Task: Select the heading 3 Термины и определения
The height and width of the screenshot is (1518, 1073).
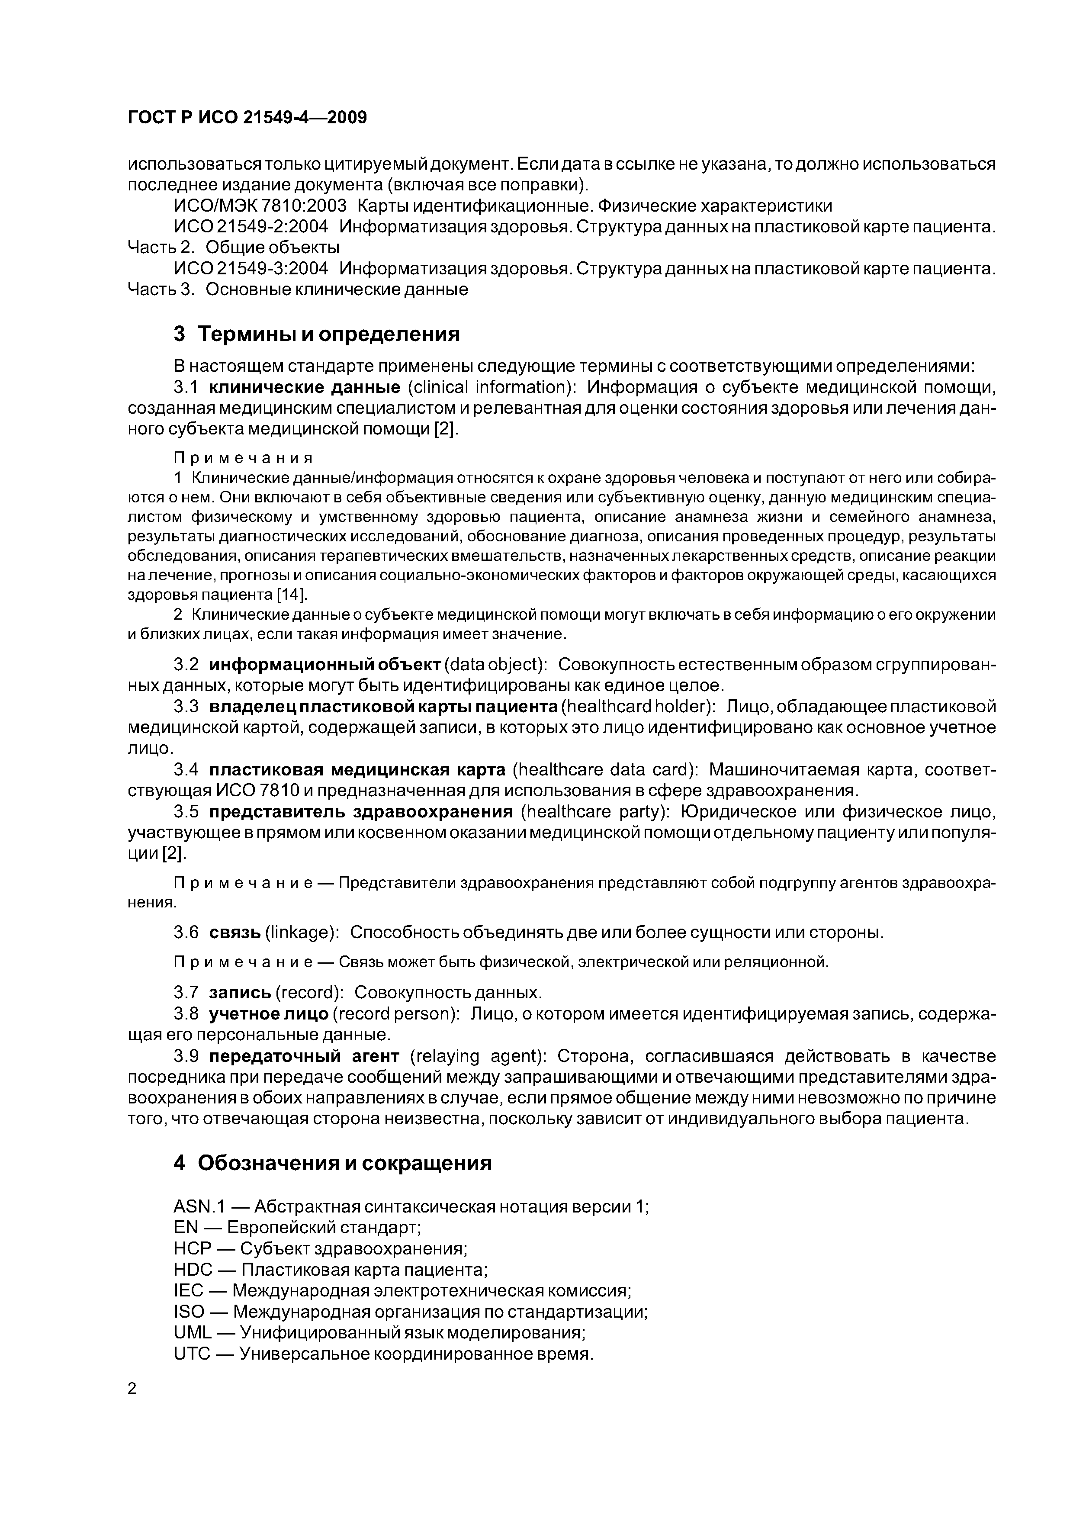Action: click(317, 334)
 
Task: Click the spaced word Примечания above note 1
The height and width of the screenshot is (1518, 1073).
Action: click(243, 457)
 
